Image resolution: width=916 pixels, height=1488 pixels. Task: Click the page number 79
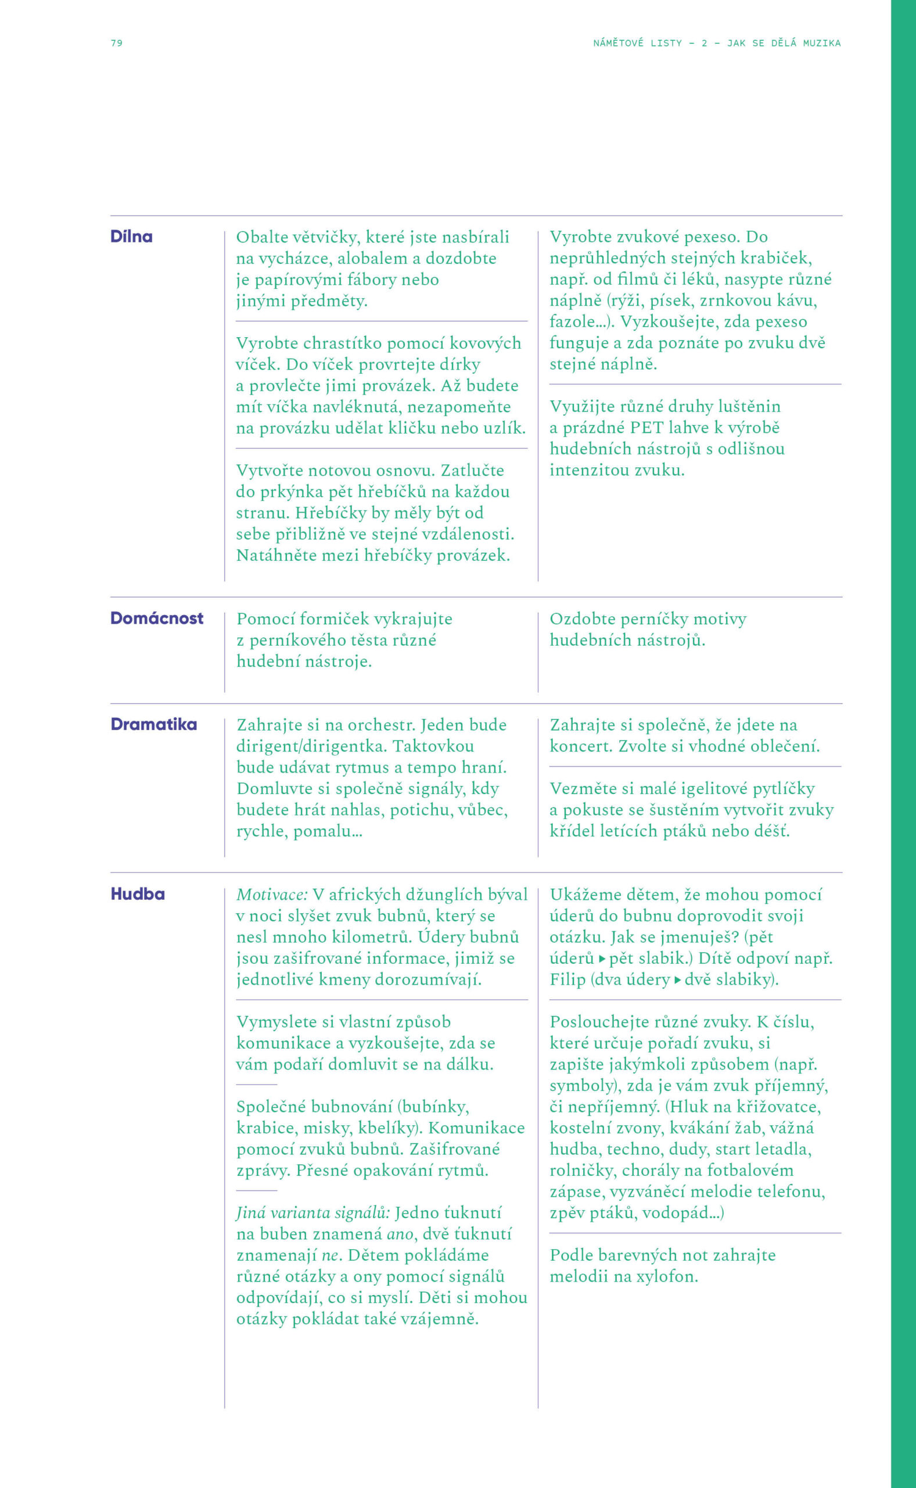point(116,43)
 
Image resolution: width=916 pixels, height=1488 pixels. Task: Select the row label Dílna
point(131,237)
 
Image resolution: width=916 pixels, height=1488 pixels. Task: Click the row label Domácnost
point(157,618)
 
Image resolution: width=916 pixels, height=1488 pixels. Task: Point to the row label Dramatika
point(154,724)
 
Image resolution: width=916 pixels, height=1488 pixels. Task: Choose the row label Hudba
point(138,894)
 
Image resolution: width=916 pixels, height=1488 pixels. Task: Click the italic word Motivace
point(272,895)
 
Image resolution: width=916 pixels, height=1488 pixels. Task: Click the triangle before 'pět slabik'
point(602,959)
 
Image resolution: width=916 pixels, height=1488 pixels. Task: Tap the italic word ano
point(400,1234)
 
